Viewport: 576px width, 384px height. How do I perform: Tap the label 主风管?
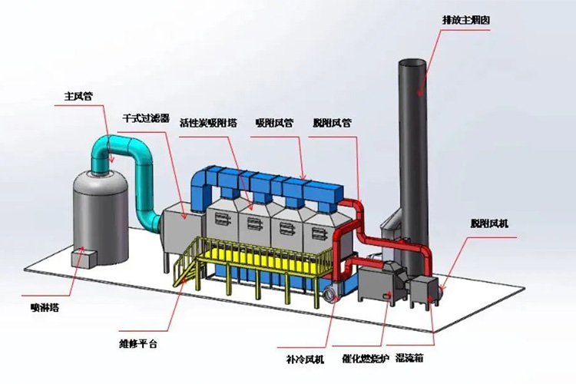[x=78, y=97]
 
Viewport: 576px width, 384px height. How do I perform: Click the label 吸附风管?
[x=273, y=122]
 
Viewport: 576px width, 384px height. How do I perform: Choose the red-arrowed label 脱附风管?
[x=332, y=122]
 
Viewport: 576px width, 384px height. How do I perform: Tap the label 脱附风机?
[x=488, y=223]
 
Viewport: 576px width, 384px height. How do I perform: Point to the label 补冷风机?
[x=300, y=357]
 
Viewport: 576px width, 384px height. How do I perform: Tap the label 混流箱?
[x=410, y=357]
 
